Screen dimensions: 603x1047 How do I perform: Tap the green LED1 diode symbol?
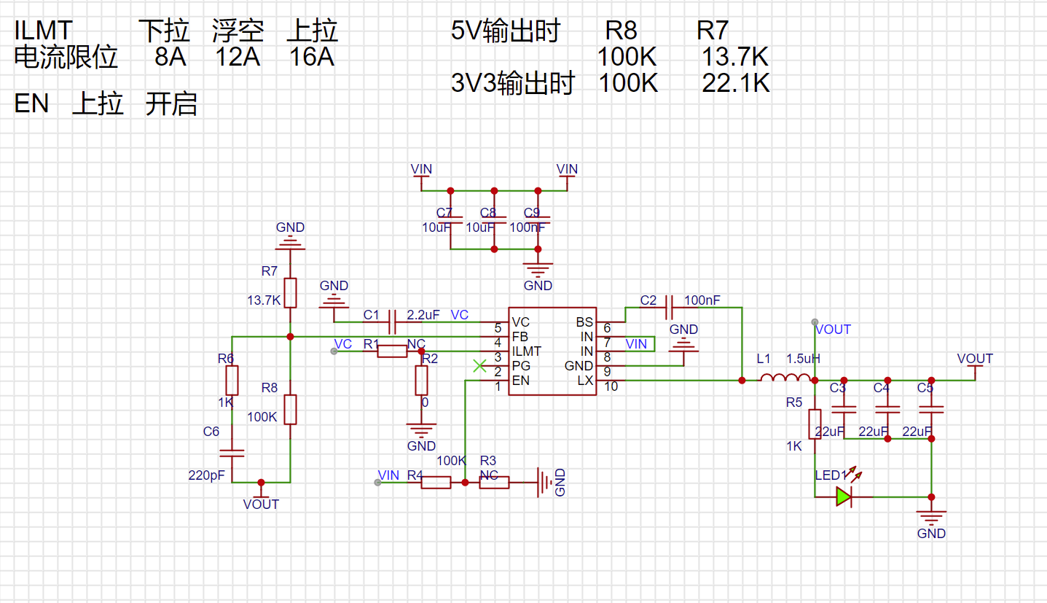click(x=844, y=497)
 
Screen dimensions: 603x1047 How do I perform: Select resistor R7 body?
click(x=290, y=292)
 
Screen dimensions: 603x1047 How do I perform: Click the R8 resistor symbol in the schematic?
click(x=290, y=409)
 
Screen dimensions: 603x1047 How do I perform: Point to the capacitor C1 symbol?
click(x=392, y=322)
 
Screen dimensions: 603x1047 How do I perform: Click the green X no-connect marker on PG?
click(x=479, y=366)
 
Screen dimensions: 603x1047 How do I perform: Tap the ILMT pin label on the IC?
click(x=527, y=351)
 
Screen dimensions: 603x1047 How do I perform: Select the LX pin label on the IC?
click(x=585, y=380)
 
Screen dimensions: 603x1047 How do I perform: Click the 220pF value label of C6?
click(x=207, y=475)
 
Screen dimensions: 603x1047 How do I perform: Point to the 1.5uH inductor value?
click(x=803, y=359)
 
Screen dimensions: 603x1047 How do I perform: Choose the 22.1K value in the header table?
click(x=736, y=83)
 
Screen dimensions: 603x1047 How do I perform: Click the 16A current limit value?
click(x=312, y=57)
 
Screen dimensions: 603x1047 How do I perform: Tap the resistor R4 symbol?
click(x=436, y=482)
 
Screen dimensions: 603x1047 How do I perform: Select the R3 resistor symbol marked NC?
click(x=494, y=482)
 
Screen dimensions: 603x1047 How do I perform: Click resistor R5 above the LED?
click(x=815, y=424)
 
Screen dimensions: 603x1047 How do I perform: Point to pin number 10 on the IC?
click(x=611, y=386)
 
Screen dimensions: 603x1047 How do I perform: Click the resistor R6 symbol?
click(x=232, y=380)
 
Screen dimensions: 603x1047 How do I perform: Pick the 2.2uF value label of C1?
click(x=423, y=315)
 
